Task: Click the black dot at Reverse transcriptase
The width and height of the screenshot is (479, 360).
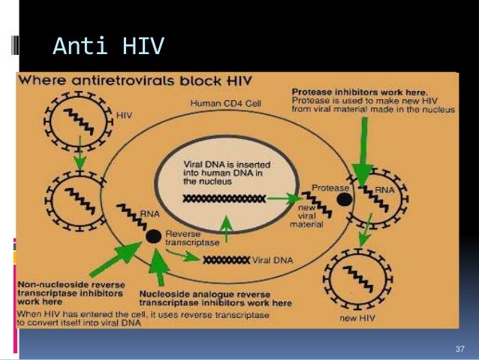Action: (153, 235)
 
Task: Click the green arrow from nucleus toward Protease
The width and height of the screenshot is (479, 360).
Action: (282, 198)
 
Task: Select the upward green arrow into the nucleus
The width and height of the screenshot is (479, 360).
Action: (224, 227)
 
